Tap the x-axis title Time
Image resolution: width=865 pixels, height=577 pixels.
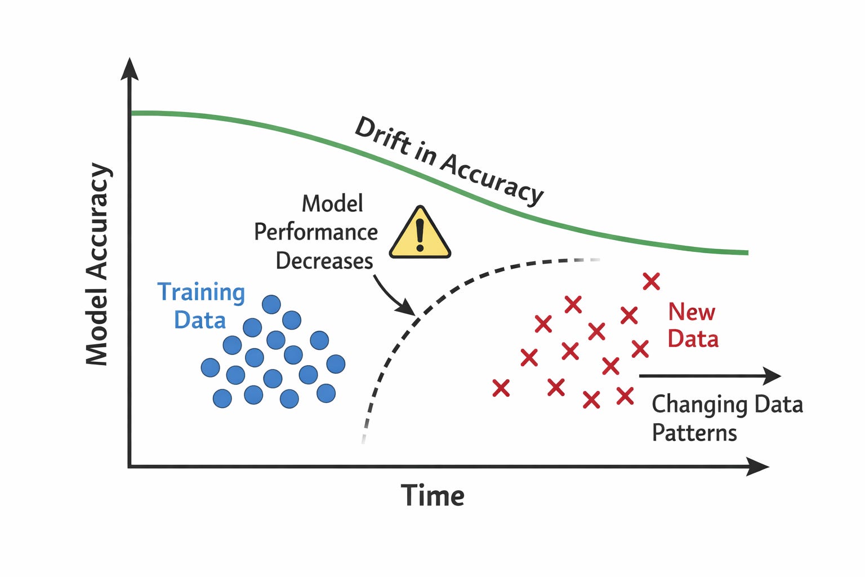(432, 496)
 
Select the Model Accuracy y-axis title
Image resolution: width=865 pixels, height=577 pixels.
(97, 265)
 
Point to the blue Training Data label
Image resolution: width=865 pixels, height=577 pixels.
(200, 306)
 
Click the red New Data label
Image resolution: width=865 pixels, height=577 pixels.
(693, 326)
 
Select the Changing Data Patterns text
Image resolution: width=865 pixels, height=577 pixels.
(726, 419)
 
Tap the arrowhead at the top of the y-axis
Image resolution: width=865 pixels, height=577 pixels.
(130, 69)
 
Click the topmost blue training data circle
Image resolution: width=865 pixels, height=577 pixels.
(271, 304)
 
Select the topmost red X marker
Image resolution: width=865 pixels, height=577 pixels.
(652, 281)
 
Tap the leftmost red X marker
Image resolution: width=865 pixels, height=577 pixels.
(501, 388)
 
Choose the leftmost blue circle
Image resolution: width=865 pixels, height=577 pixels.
(210, 368)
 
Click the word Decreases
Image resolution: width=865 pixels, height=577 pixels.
(324, 261)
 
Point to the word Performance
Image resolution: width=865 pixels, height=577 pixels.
(316, 232)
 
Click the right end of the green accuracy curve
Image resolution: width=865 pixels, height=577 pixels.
(746, 252)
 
